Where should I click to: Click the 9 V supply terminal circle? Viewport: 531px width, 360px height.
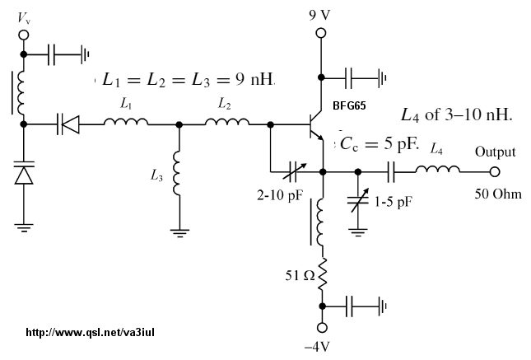(x=321, y=33)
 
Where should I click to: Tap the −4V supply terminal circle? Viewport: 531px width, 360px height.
(x=322, y=327)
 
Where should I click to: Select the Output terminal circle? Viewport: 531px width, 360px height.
(x=495, y=172)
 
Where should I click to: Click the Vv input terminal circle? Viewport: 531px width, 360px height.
(x=24, y=35)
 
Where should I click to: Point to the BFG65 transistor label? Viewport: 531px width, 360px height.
(x=349, y=106)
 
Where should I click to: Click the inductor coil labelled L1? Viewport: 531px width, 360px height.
(x=126, y=121)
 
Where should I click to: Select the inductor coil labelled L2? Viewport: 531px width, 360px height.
(x=226, y=121)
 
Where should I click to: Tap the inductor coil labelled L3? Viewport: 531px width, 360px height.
(x=177, y=173)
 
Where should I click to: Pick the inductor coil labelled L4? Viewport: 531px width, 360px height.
(x=437, y=169)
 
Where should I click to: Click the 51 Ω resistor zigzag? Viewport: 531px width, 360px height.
(x=322, y=274)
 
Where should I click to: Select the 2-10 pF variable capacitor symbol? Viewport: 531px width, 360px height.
(x=294, y=171)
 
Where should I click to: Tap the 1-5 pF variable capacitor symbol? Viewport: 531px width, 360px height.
(x=358, y=200)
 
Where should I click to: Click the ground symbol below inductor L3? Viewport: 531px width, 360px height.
(x=179, y=233)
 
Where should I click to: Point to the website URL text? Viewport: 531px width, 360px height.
(x=90, y=332)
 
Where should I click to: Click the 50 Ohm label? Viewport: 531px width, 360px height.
(x=498, y=194)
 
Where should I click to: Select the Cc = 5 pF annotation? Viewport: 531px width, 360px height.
(x=380, y=143)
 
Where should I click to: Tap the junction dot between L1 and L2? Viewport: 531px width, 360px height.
(x=179, y=124)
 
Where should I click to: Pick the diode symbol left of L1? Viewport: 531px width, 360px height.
(x=68, y=124)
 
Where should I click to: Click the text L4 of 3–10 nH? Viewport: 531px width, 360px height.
(x=457, y=115)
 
